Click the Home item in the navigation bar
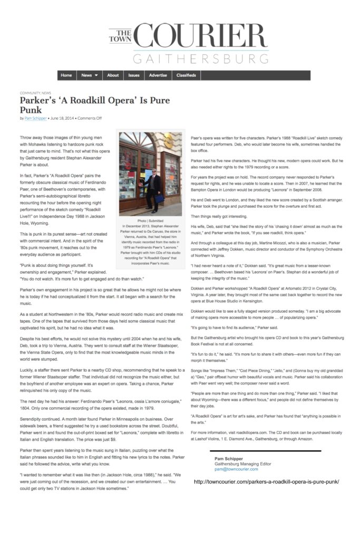click(66, 75)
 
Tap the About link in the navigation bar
click(113, 75)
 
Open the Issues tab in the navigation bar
click(134, 75)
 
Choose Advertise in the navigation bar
click(158, 75)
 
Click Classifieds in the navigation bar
click(186, 75)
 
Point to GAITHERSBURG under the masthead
click(200, 59)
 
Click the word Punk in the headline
click(31, 110)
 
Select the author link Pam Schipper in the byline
click(36, 118)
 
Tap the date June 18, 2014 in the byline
click(62, 118)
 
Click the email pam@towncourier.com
click(236, 469)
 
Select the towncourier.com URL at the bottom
click(266, 482)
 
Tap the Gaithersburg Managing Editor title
click(242, 464)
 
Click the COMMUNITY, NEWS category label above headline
click(35, 93)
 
